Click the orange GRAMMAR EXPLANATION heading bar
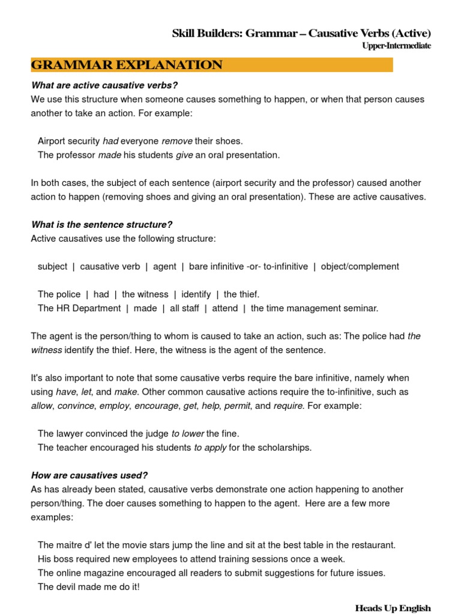coord(211,65)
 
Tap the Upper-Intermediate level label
coord(396,46)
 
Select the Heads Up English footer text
coord(393,608)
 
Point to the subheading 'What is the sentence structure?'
coord(101,225)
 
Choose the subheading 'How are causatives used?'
coord(89,475)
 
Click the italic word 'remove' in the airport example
coord(177,141)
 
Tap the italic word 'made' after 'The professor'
coord(109,155)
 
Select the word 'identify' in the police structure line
coord(196,294)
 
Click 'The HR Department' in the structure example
coord(79,308)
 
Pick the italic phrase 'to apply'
coord(210,447)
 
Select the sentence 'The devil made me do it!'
coord(88,586)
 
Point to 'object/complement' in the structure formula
coord(360,266)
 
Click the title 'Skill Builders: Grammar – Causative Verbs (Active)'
coord(301,34)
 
